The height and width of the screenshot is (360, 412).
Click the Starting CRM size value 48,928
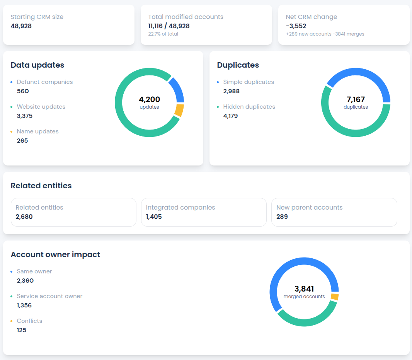coord(21,26)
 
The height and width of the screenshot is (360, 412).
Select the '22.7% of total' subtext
coord(163,34)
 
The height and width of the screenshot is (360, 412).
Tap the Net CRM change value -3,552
coord(296,26)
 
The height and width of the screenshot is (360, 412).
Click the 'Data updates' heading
coord(37,65)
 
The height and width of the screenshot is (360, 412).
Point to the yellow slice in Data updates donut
coord(179,110)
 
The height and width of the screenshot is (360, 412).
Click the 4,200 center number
coord(149,99)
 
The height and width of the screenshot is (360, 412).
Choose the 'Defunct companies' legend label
coord(45,82)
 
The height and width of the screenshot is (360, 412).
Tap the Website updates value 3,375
coord(25,116)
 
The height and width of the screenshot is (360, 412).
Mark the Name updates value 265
coord(22,141)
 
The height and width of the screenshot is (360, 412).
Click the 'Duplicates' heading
coord(238,65)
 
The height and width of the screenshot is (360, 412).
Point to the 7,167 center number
coord(356,99)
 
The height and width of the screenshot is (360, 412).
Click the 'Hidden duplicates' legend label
coord(249,107)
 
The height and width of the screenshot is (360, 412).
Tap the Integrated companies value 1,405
coord(154,217)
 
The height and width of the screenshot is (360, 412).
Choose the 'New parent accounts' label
coord(310,208)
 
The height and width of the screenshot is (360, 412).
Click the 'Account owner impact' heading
coord(55,254)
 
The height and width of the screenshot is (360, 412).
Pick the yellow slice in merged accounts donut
coord(335,297)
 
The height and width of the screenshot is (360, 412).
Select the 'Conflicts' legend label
coord(29,321)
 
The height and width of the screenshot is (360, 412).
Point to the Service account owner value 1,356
coord(24,305)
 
